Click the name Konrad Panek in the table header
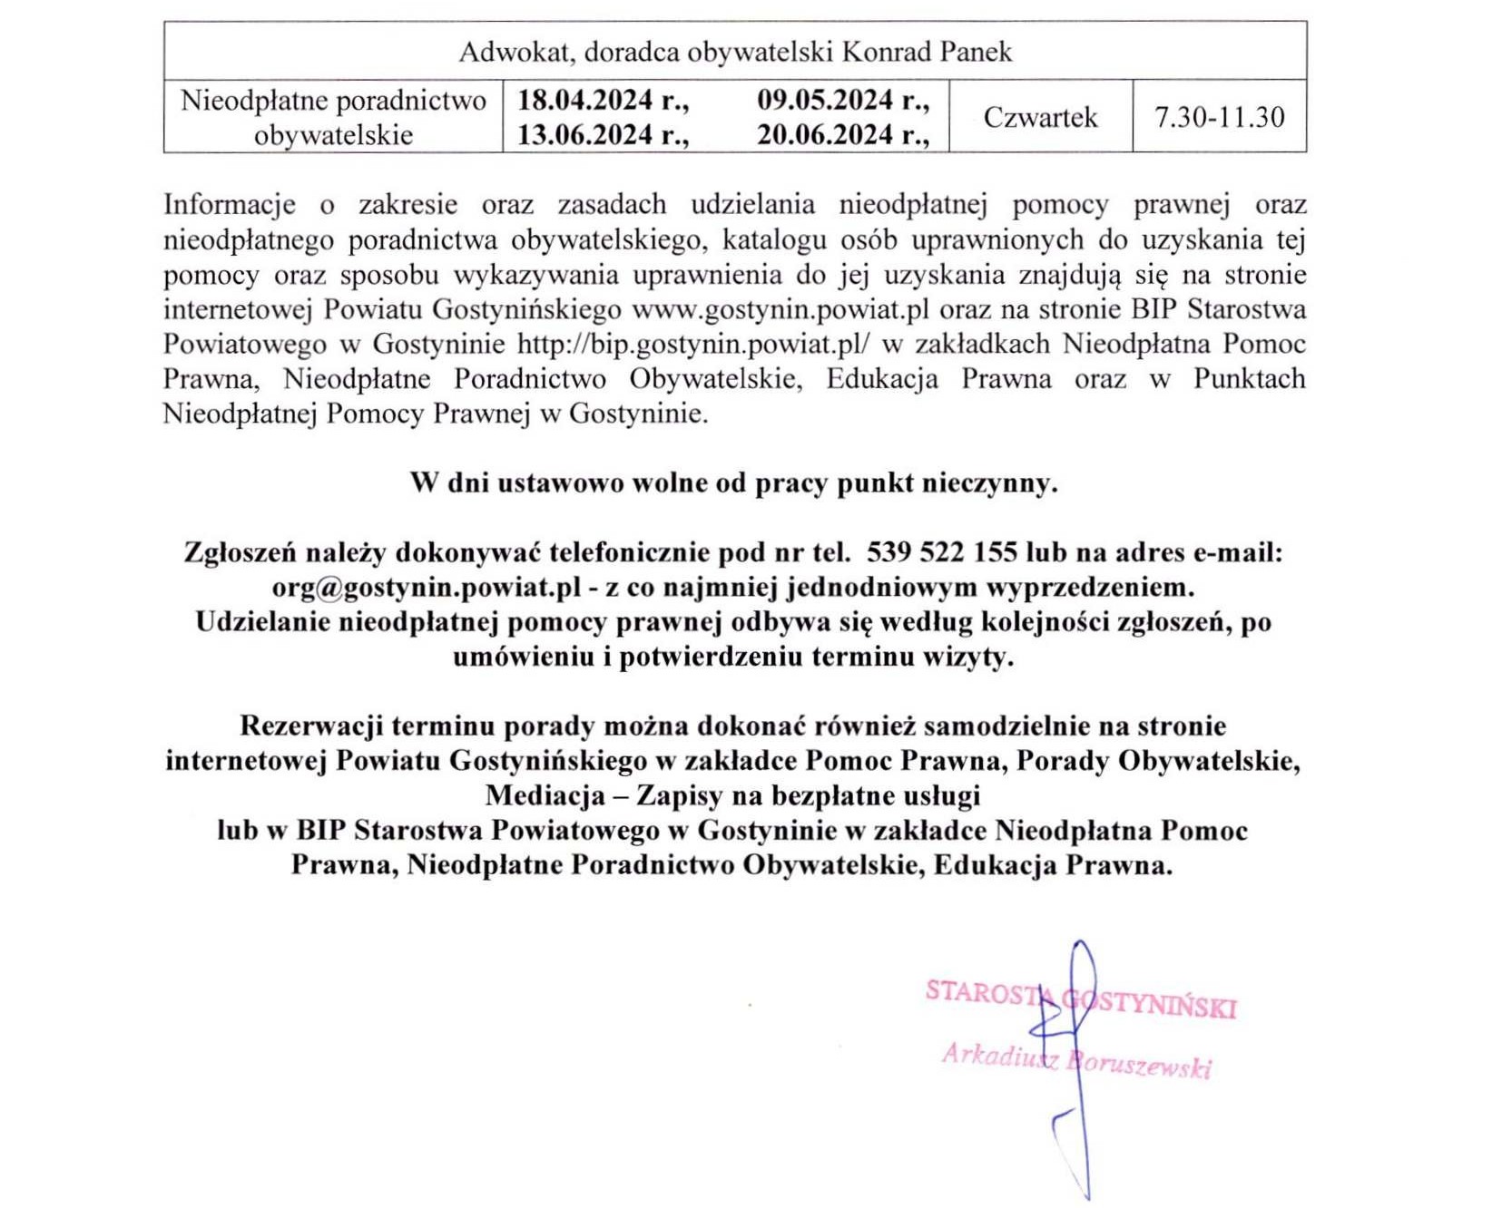point(927,52)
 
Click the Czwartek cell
point(1040,117)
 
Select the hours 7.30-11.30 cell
point(1219,117)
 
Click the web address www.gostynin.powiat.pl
point(780,310)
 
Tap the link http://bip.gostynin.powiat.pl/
point(693,345)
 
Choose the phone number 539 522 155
point(942,552)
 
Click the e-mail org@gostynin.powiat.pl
point(427,588)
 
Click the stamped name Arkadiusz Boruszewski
point(1076,1060)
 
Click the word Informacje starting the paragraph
point(230,205)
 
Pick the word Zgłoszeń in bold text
point(240,552)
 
